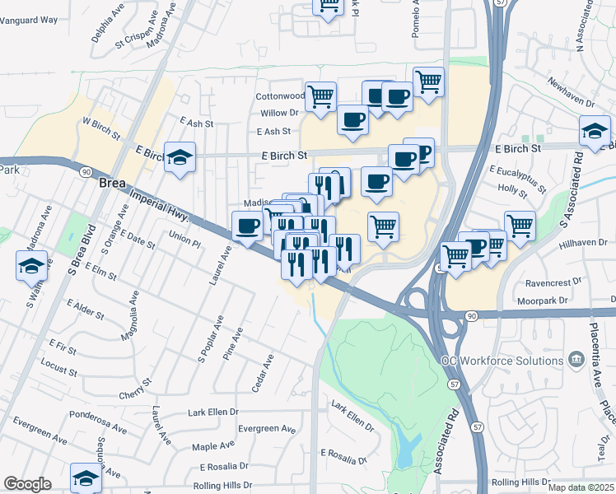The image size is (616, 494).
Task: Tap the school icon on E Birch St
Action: [x=179, y=156]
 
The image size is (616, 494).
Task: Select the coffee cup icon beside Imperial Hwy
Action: [x=247, y=226]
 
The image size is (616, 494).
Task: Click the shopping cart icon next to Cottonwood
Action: [x=320, y=96]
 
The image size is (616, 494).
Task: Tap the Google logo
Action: [x=26, y=484]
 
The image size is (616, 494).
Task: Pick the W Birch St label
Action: [x=101, y=128]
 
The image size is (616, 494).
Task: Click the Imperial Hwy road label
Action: [x=160, y=205]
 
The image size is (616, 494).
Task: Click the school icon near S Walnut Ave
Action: [x=31, y=266]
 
